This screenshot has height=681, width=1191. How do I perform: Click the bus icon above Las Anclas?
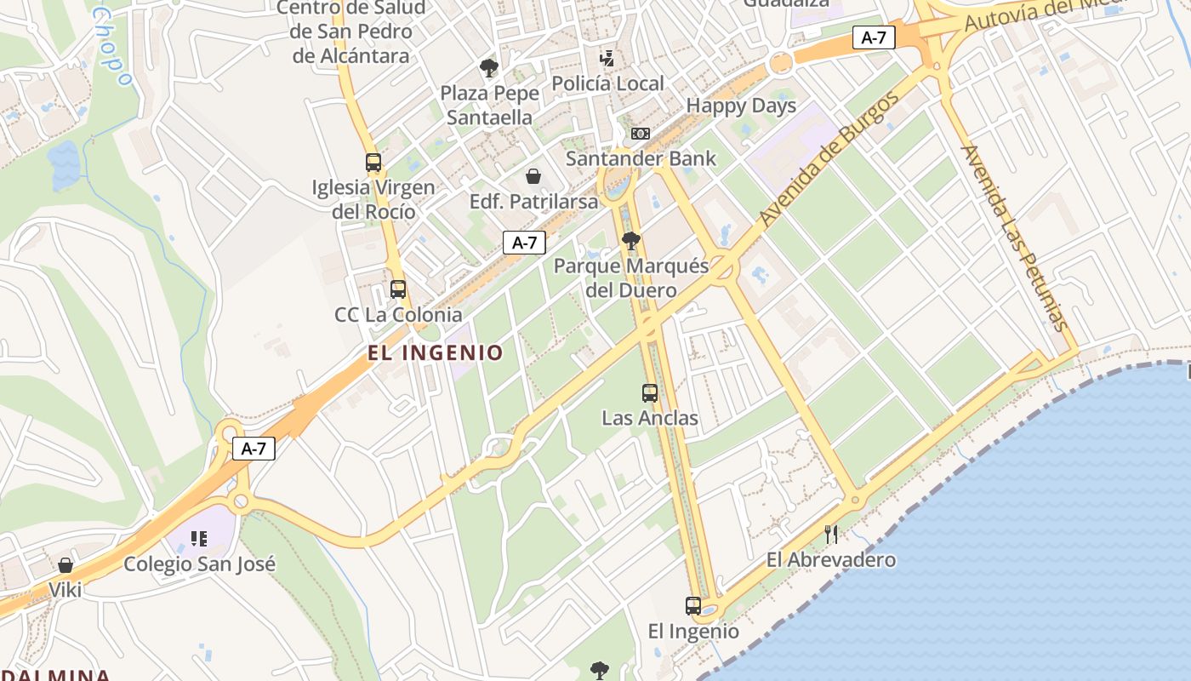[650, 393]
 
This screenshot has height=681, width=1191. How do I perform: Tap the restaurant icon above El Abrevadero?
[831, 535]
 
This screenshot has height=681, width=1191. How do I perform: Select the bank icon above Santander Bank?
[641, 134]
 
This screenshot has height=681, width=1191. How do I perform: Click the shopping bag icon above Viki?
[66, 565]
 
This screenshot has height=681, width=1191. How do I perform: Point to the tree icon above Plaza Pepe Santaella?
[488, 68]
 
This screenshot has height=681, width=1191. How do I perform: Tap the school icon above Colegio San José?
[199, 538]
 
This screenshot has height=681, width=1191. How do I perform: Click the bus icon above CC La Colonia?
[398, 289]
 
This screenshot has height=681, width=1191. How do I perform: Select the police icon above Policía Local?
[607, 59]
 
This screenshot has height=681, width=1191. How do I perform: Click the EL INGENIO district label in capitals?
[436, 352]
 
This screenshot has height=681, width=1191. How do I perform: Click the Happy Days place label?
[741, 106]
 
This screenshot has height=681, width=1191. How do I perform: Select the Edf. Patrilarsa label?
[534, 202]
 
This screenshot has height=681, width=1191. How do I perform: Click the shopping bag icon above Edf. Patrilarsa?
[533, 176]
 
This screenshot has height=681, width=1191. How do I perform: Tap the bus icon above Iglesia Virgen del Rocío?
[373, 163]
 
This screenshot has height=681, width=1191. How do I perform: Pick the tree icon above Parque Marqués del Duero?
[630, 241]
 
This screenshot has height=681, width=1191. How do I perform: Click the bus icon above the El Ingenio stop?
[693, 606]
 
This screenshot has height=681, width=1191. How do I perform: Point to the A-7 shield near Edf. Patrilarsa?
[524, 243]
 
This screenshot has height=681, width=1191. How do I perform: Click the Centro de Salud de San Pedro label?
[352, 31]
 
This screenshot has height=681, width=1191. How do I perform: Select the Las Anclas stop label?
[650, 418]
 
